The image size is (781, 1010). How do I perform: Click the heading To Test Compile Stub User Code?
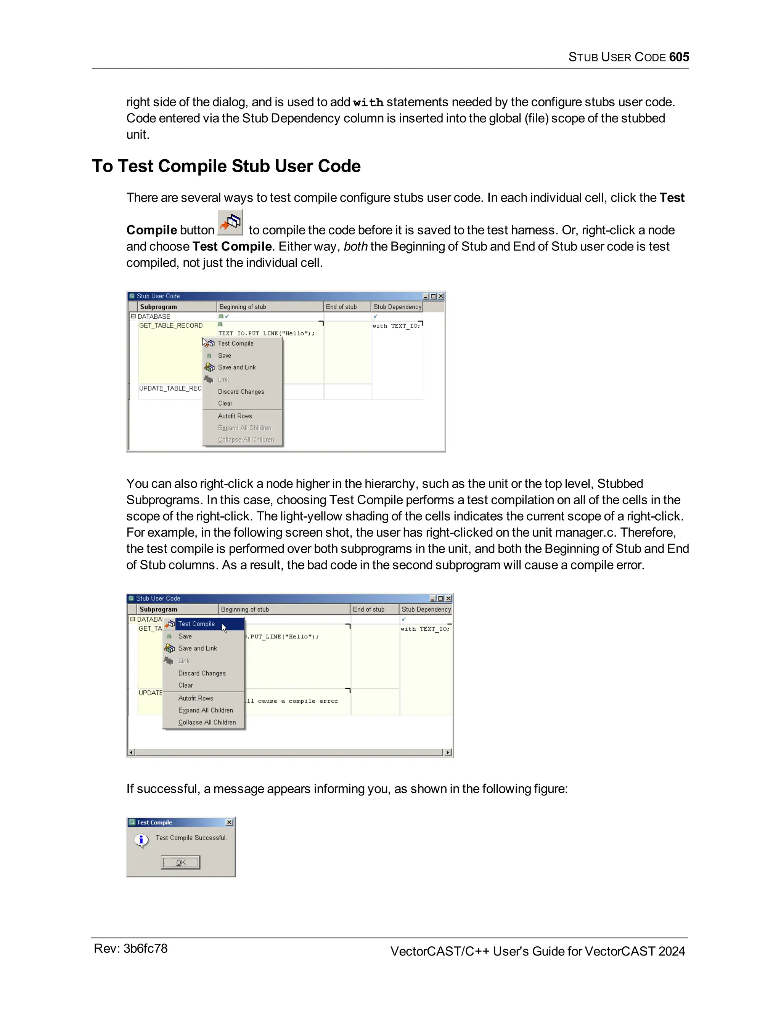[226, 166]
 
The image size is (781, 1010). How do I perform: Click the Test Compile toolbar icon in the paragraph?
[230, 223]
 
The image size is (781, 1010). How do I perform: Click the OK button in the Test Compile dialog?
[180, 862]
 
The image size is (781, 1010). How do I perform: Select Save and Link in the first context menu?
[236, 367]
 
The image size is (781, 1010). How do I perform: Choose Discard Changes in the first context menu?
[241, 392]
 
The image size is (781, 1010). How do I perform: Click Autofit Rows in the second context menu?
[195, 698]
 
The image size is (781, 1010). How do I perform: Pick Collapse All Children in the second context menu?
[207, 722]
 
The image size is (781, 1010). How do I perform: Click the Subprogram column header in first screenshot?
[159, 306]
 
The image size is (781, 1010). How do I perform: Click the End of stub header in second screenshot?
[368, 609]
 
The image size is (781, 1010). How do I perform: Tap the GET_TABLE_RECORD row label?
[171, 325]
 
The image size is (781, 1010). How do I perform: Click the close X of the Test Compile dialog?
[229, 822]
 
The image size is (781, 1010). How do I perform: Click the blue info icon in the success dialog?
[141, 840]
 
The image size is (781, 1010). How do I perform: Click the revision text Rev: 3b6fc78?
[130, 949]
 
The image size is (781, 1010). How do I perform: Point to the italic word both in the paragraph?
[355, 247]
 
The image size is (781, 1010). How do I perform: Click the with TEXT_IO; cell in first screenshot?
[396, 326]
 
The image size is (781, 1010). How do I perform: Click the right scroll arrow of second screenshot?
[447, 752]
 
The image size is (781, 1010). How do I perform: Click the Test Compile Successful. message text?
[191, 837]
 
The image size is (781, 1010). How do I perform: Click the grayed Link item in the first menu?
[223, 380]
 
